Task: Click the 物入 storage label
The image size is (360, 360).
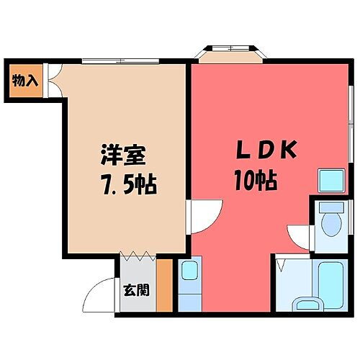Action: click(25, 80)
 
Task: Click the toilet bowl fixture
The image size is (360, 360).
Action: click(332, 224)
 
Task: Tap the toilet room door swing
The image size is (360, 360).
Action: click(298, 234)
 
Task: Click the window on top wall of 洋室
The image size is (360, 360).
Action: click(116, 60)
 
